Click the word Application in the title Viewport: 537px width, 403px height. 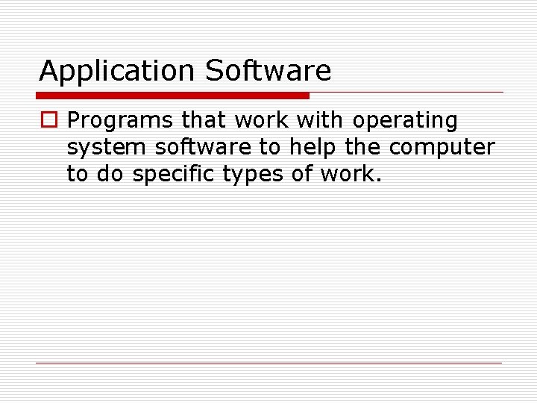[x=117, y=72]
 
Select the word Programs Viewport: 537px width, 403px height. [x=120, y=121]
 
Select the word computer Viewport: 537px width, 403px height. [x=442, y=148]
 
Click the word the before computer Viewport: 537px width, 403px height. [x=362, y=147]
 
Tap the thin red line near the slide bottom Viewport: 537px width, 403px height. [x=268, y=363]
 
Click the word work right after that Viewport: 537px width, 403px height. [x=263, y=120]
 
